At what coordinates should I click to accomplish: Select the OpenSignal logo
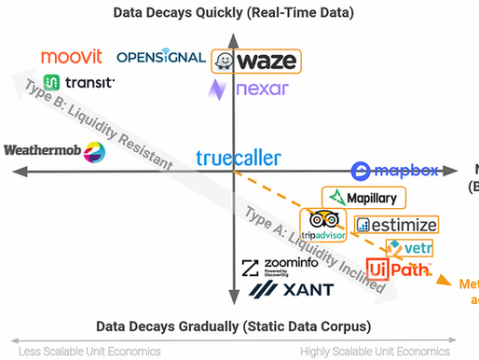tap(161, 57)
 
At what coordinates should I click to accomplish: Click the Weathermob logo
tap(53, 149)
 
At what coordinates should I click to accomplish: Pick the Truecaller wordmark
tap(238, 159)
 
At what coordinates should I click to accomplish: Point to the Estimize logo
tap(396, 224)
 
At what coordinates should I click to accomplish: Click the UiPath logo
tap(398, 270)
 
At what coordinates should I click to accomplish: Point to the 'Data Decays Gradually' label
tap(234, 326)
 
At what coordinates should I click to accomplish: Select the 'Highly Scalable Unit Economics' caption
tap(387, 351)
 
